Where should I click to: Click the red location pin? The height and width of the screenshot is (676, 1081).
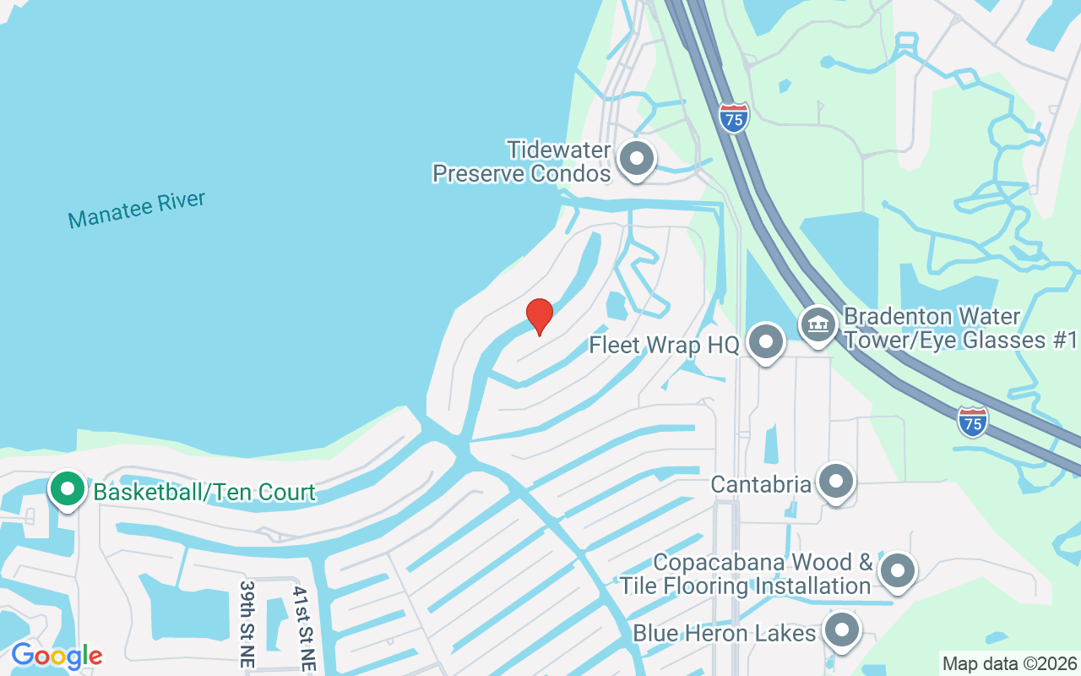tap(539, 316)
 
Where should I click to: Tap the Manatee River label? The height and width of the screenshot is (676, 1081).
tap(137, 210)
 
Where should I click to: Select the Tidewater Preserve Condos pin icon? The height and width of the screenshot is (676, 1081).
tap(637, 159)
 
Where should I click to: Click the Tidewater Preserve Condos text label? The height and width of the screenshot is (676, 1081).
tap(522, 162)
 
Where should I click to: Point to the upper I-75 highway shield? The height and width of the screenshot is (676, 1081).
tap(734, 117)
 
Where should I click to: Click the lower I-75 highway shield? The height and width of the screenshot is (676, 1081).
tap(974, 421)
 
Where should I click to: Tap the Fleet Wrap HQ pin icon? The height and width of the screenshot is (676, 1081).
tap(766, 342)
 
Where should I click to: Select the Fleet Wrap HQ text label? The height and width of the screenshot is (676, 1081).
tap(664, 345)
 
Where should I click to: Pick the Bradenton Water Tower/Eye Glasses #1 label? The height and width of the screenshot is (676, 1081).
tap(961, 329)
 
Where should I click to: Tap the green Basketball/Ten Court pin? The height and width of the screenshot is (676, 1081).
tap(67, 489)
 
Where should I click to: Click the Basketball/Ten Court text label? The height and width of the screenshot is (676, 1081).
tap(204, 492)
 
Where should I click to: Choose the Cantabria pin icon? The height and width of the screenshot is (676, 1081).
tap(836, 482)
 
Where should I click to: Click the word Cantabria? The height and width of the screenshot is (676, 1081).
tap(761, 484)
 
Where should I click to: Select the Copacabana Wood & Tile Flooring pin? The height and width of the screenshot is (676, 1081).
tap(897, 571)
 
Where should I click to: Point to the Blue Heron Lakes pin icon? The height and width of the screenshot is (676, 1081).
tap(840, 631)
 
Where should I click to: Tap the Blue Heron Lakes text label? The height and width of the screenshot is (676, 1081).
tap(724, 633)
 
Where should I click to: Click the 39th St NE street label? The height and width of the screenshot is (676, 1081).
tap(247, 624)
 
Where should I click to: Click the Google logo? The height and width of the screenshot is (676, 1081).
tap(57, 656)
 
